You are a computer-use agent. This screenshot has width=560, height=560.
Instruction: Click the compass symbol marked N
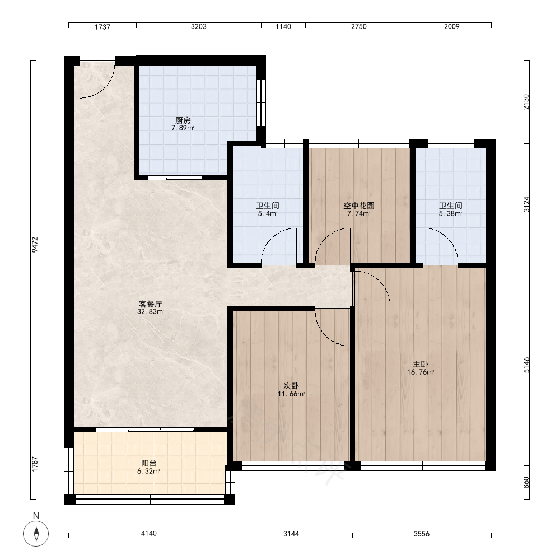tap(36, 534)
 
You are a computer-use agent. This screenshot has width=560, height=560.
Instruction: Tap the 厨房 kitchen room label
tap(183, 120)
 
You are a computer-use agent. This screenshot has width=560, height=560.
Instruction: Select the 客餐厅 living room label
tap(150, 304)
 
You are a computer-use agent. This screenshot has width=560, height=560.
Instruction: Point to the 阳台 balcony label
tap(148, 463)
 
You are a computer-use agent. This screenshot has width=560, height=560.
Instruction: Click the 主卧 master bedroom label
tap(421, 364)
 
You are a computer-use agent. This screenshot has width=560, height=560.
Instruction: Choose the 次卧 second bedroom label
tap(291, 386)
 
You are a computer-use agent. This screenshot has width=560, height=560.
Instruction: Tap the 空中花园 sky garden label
tap(358, 206)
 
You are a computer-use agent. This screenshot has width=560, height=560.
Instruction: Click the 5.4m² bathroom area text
tap(268, 213)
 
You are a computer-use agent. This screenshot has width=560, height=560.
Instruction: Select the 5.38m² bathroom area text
tap(450, 213)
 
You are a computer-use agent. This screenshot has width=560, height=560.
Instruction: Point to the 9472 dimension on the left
tap(35, 245)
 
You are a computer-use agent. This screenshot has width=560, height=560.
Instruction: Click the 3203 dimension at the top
tap(199, 26)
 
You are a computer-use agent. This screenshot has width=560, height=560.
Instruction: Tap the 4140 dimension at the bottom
tap(148, 533)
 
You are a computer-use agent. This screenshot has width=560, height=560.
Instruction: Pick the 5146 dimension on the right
tap(526, 365)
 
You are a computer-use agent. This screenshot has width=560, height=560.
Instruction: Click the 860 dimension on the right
tap(526, 483)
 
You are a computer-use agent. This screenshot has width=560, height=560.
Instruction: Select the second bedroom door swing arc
tap(324, 334)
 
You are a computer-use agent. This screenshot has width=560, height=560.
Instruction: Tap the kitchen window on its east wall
tap(262, 102)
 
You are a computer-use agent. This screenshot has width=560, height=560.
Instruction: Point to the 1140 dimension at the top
tap(283, 26)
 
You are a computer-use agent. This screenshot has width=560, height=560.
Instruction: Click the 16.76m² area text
tap(421, 372)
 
